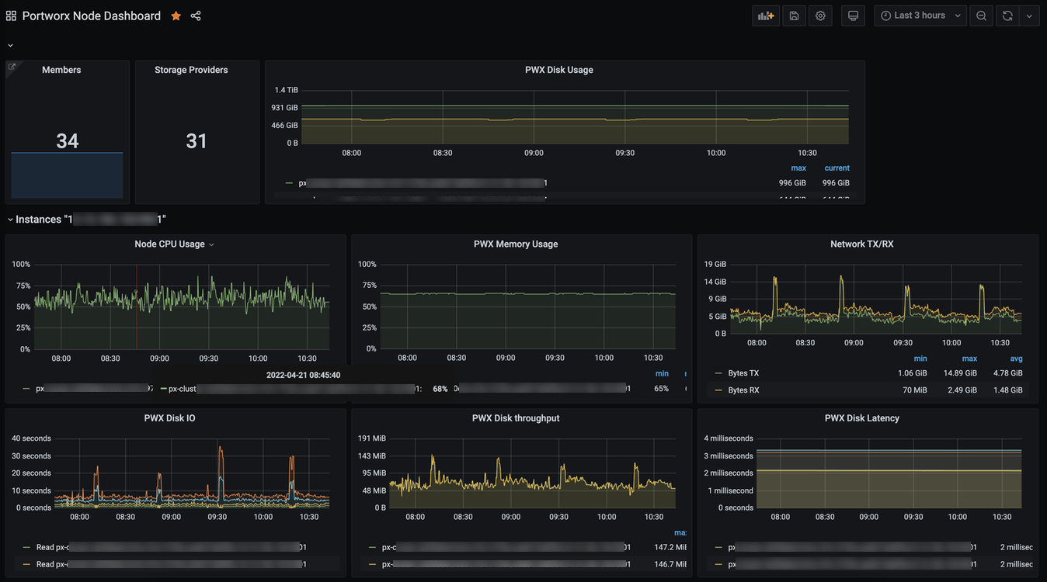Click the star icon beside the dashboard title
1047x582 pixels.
(x=176, y=16)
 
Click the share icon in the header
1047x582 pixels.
(x=196, y=16)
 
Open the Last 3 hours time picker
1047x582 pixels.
(x=920, y=16)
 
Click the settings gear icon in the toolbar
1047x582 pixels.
(x=820, y=16)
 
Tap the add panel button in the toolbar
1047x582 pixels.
(x=766, y=16)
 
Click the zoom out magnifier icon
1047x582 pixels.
(x=982, y=16)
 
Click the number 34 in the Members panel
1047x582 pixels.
(x=67, y=141)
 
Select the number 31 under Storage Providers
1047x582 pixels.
(x=197, y=141)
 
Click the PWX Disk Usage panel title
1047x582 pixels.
(x=558, y=70)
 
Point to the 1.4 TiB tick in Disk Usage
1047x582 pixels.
(x=286, y=90)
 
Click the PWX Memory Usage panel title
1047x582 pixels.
(x=516, y=244)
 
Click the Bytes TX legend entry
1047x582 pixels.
(x=743, y=373)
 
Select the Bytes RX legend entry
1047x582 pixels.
(x=743, y=390)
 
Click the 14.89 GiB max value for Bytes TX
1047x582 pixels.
(x=961, y=373)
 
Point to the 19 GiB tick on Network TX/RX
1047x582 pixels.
(x=715, y=265)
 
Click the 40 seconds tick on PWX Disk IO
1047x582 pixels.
(x=31, y=438)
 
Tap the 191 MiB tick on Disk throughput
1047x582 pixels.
(x=371, y=438)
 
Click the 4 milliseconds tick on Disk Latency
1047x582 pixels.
(x=729, y=438)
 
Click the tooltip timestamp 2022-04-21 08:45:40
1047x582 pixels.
(x=303, y=375)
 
